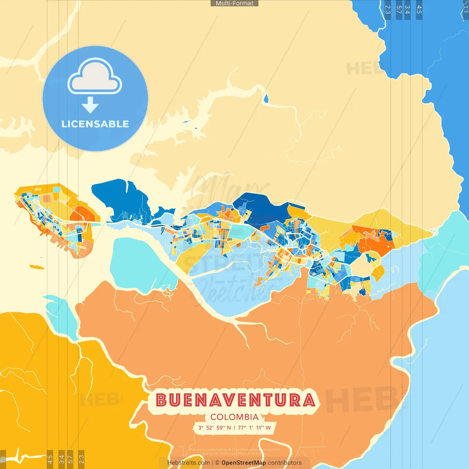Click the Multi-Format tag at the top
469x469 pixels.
(x=234, y=3)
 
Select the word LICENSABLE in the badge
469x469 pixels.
(x=95, y=124)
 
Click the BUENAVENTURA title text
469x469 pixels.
(x=236, y=400)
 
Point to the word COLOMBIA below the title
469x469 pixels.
(x=234, y=417)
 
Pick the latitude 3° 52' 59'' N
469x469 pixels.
(x=215, y=428)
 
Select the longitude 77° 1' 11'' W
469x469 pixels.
(x=254, y=428)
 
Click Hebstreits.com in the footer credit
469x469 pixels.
(x=188, y=463)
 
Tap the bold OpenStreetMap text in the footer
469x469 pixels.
(x=244, y=463)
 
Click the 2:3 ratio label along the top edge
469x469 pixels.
(x=388, y=10)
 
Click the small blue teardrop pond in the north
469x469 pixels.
(x=266, y=98)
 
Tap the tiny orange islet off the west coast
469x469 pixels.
(x=36, y=266)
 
